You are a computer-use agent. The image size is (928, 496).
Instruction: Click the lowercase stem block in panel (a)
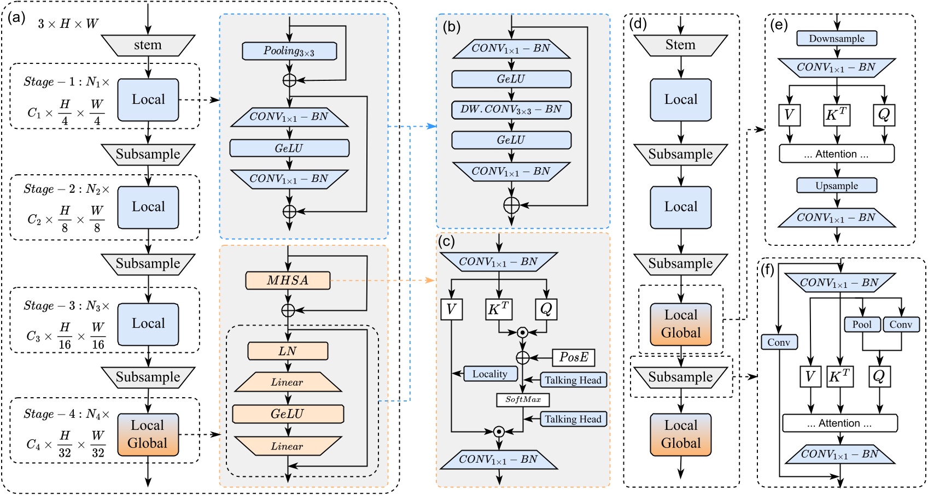point(148,45)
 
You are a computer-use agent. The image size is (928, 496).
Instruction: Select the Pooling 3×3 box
point(289,51)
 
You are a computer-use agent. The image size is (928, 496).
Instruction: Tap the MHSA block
point(288,281)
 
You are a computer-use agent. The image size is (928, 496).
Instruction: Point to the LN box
point(288,351)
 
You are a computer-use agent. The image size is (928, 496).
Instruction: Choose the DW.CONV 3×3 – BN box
point(511,110)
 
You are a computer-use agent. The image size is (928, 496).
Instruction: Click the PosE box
point(574,358)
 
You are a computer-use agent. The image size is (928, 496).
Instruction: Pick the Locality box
point(490,374)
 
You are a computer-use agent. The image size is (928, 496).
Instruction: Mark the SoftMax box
point(523,400)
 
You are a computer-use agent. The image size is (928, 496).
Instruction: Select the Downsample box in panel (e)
point(837,39)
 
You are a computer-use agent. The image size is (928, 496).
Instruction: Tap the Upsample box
point(837,186)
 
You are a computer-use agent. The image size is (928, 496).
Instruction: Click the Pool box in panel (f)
point(862,324)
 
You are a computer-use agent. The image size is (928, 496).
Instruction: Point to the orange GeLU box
point(288,414)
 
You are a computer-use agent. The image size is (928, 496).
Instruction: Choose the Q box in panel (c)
point(546,309)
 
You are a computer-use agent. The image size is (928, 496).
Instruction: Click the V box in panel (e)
point(789,115)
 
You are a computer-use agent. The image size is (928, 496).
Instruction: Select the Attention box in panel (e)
point(837,154)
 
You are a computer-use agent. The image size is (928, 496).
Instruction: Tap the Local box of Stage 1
point(148,100)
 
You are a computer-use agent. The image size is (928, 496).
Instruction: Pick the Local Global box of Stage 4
point(148,434)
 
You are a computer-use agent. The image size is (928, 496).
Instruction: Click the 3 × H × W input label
point(68,24)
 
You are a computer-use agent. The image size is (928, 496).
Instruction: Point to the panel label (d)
point(638,24)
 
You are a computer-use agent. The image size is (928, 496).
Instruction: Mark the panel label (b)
point(452,27)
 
